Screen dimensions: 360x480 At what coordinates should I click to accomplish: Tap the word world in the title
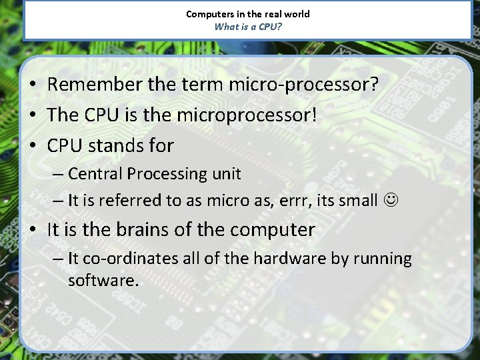[x=297, y=14]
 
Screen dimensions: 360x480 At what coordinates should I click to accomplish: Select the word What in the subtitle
[x=225, y=27]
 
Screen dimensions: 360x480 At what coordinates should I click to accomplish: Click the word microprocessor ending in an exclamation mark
[x=247, y=115]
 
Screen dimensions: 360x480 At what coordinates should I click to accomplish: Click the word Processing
[x=167, y=174]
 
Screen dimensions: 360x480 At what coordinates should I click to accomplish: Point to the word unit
[x=227, y=174]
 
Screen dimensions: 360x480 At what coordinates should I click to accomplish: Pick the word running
[x=383, y=259]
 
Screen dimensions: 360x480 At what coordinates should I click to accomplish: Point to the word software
[x=103, y=281]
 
